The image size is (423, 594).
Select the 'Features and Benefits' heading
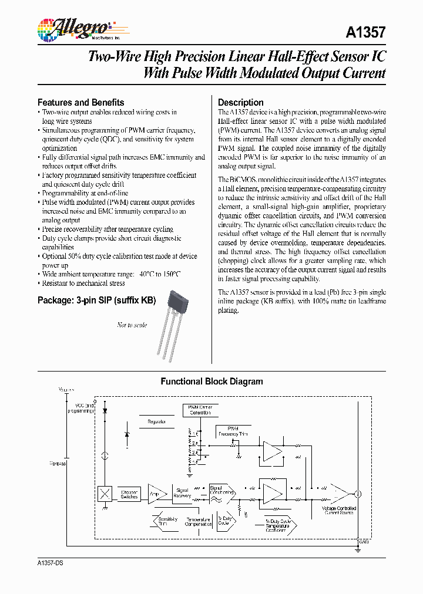80,102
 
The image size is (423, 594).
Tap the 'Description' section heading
240,102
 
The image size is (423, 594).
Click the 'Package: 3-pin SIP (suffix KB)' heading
97,301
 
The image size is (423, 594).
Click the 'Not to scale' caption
132,325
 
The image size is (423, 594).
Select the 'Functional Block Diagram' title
211,382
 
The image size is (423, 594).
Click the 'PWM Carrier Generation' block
200,410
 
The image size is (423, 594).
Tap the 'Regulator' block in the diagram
157,421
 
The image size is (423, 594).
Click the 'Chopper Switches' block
129,494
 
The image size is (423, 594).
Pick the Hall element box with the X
105,494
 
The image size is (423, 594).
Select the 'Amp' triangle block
156,494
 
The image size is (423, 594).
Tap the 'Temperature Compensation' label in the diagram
198,522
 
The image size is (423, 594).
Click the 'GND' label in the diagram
364,541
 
